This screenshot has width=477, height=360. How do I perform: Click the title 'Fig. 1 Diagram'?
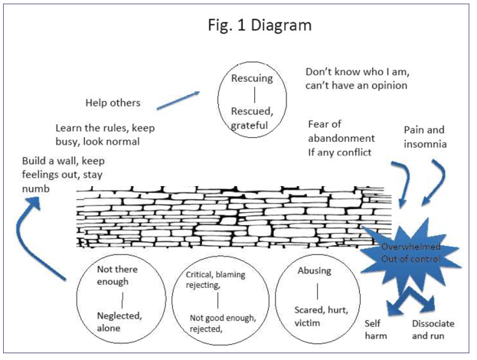(260, 25)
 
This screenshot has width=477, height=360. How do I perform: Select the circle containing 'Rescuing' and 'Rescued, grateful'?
(248, 100)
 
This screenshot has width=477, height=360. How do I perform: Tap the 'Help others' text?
(113, 103)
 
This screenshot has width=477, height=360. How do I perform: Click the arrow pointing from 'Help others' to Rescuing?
(178, 99)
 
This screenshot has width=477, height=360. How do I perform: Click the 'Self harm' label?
(374, 329)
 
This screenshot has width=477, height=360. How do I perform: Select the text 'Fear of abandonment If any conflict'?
(341, 138)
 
